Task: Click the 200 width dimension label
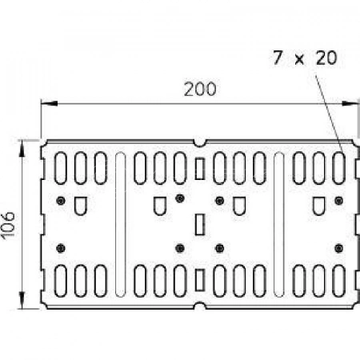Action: (200, 89)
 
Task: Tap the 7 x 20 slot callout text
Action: (305, 58)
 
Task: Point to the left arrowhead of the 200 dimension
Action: (49, 103)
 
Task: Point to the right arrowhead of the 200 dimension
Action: (350, 103)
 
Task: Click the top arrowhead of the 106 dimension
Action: (22, 148)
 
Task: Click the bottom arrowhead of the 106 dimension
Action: (22, 300)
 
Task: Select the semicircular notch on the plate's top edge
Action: (199, 143)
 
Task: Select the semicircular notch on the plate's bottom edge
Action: (199, 306)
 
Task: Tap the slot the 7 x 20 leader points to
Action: (339, 168)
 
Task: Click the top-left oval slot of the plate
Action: (61, 168)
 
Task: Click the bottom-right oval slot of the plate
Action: (339, 281)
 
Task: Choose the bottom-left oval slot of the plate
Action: (61, 281)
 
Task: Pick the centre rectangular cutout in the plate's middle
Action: (200, 224)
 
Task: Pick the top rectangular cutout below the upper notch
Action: (200, 169)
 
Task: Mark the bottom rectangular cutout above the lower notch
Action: (200, 280)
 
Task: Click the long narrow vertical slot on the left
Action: (121, 224)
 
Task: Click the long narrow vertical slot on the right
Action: (279, 224)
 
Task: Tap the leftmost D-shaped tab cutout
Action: (80, 206)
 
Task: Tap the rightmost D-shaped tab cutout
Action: (319, 206)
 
